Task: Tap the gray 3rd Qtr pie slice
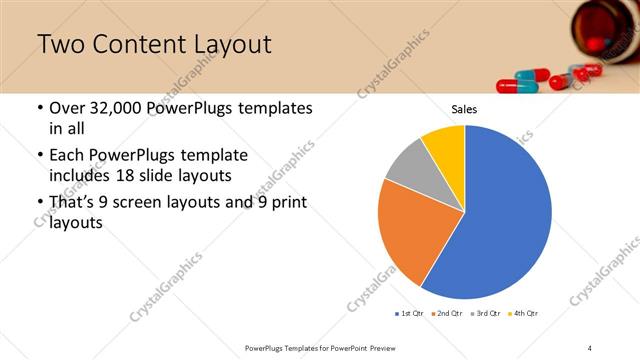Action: (410, 166)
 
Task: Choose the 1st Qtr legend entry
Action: (408, 314)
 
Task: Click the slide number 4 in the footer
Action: (590, 347)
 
